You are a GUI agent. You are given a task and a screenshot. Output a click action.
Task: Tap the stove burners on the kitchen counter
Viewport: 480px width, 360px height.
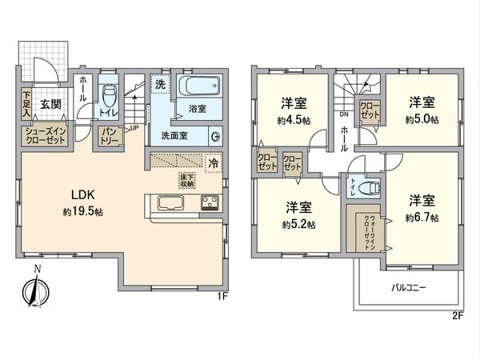(x=210, y=202)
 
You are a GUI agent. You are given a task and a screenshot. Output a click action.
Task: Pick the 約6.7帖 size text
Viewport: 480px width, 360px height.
(x=422, y=217)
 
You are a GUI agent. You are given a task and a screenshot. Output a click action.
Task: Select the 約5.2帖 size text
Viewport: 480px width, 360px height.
(x=298, y=225)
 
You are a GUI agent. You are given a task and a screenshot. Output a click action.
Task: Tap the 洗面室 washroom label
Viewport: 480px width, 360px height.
(x=175, y=135)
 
